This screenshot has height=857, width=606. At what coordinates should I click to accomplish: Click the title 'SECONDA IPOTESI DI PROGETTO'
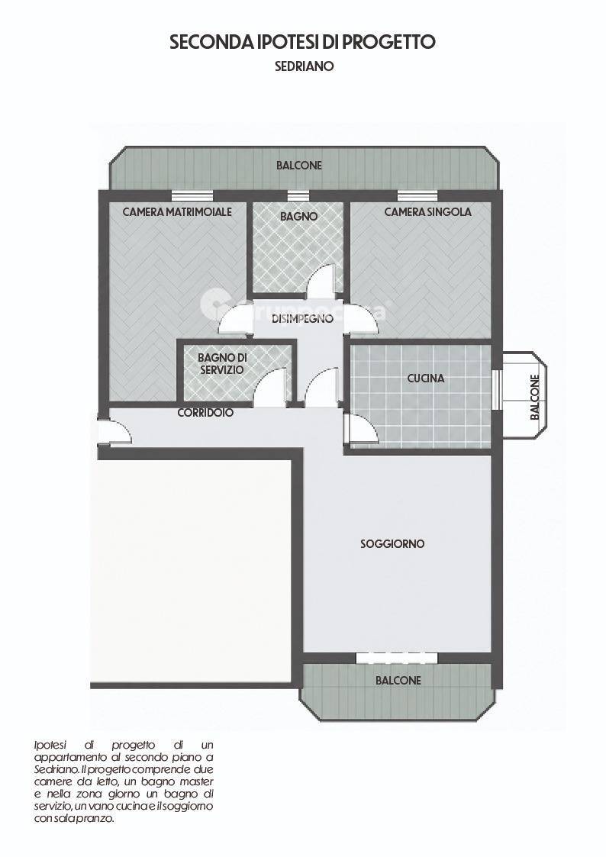coord(302,42)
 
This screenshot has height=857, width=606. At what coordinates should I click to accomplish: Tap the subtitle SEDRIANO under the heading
coord(305,66)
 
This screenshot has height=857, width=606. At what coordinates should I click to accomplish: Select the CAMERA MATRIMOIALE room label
coord(177,212)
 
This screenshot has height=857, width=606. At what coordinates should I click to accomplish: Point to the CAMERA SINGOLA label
coord(428,212)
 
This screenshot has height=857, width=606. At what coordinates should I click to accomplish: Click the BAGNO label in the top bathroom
coord(299,217)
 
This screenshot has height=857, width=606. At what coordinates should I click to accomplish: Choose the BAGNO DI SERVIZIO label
coord(222,363)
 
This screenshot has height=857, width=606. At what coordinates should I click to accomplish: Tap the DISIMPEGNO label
coord(302,319)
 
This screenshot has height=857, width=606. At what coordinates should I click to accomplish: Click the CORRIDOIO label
coord(205,413)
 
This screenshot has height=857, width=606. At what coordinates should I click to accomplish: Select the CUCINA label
coord(426,379)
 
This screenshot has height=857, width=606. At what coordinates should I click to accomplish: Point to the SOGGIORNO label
coord(392,544)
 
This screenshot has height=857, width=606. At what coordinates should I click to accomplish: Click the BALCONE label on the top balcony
coord(299,165)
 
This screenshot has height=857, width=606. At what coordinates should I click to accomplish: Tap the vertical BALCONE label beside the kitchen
coord(535,397)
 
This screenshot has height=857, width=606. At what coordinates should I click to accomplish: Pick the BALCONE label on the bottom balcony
coord(398,681)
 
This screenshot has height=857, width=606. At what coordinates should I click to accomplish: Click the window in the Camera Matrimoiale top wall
coord(192,196)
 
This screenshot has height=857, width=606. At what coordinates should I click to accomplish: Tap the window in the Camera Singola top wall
coord(417,196)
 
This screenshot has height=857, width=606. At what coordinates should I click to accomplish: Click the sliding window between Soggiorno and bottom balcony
coord(397,658)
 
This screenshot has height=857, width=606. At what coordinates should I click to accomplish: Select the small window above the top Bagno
coord(298,196)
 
